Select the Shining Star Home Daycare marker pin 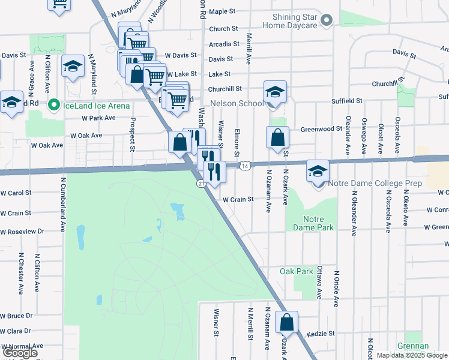[x=327, y=21]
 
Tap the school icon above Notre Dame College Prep [x=318, y=172]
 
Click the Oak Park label [x=296, y=271]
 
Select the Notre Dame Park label [x=313, y=224]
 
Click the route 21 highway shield [x=200, y=183]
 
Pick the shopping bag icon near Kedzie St [x=287, y=322]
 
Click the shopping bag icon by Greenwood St [x=277, y=137]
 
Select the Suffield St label [x=347, y=101]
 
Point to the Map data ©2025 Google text [x=412, y=355]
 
